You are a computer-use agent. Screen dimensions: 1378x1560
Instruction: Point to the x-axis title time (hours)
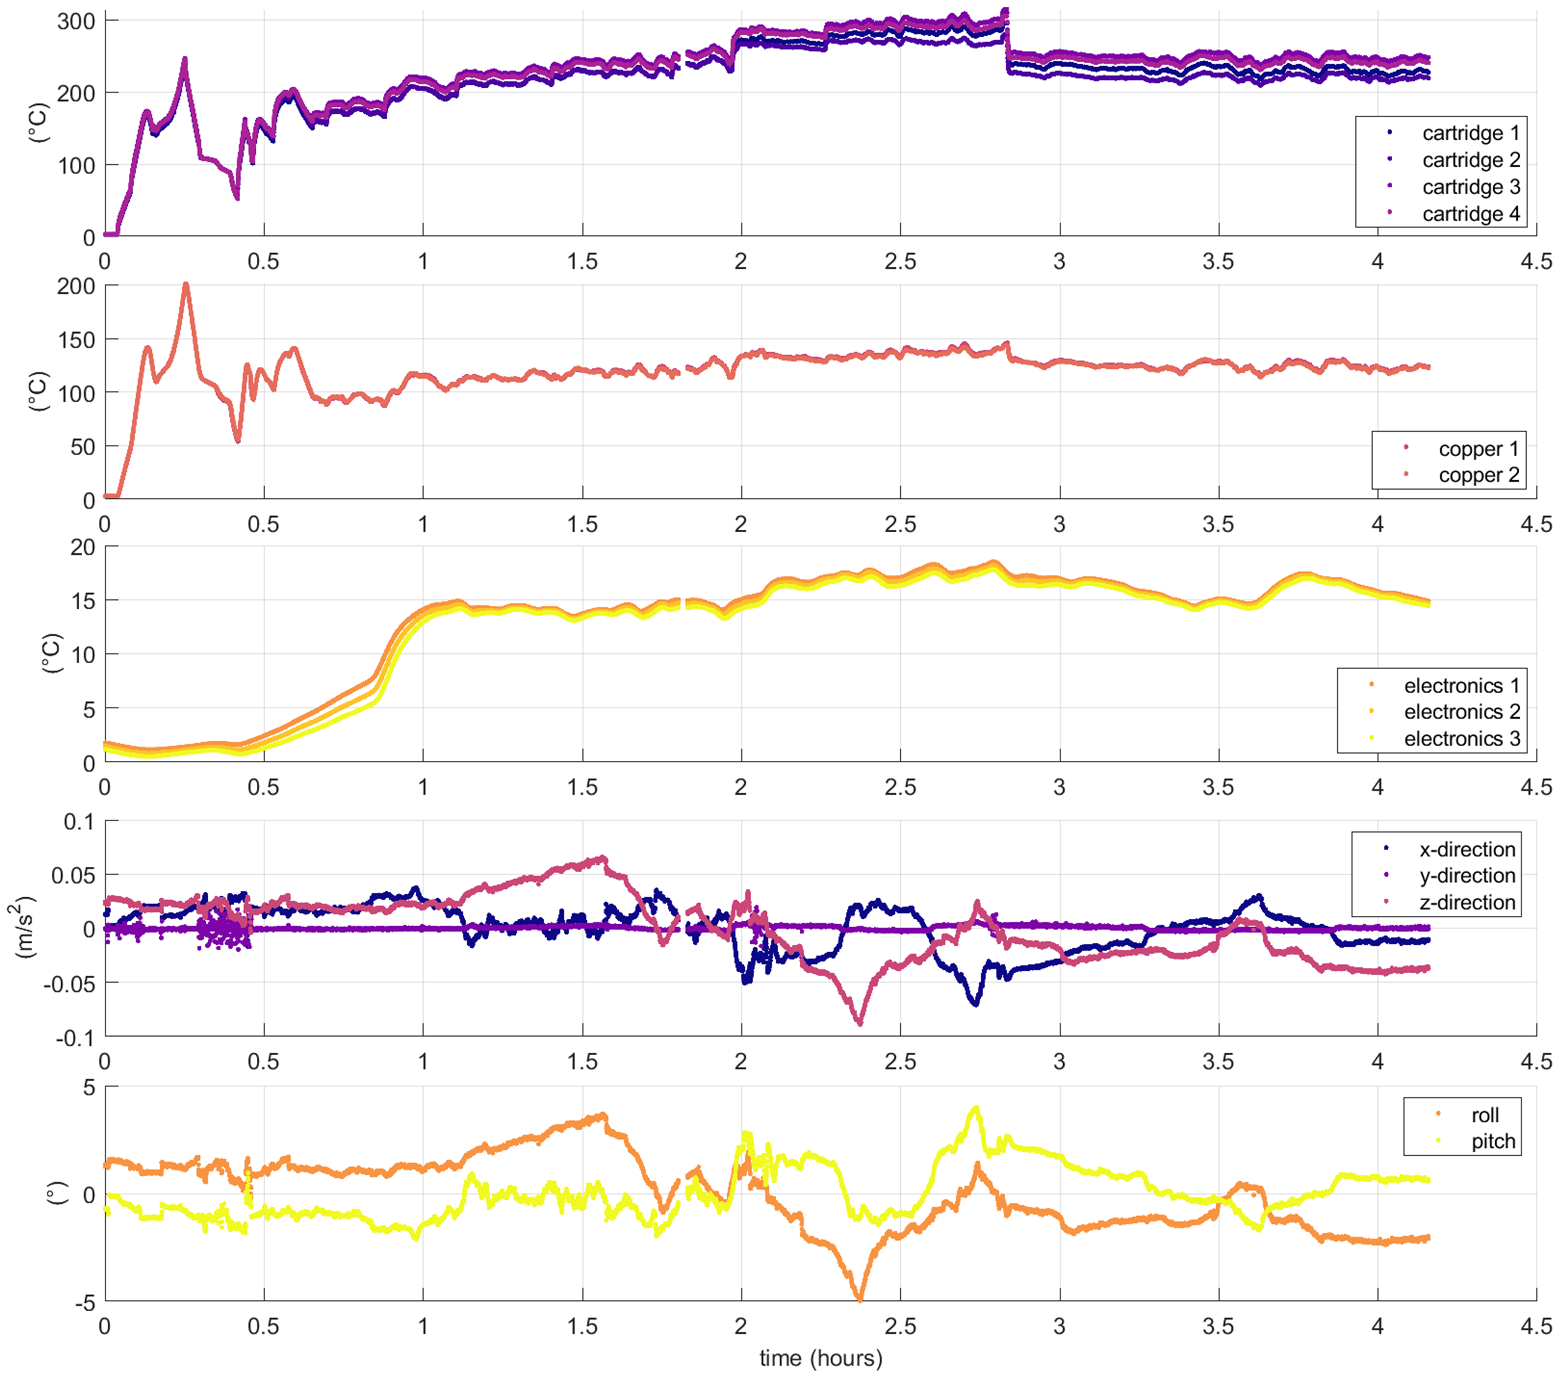[821, 1358]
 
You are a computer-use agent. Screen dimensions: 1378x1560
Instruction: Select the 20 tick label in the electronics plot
[82, 547]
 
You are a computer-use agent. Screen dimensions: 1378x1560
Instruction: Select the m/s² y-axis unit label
[25, 928]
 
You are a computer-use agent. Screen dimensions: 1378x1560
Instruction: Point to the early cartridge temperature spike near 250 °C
[184, 60]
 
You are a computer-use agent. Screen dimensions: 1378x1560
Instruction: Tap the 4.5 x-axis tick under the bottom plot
[1536, 1326]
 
